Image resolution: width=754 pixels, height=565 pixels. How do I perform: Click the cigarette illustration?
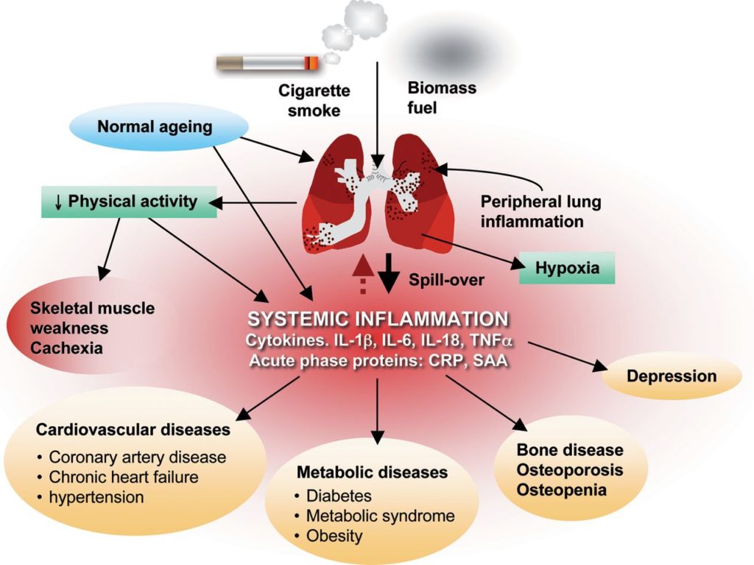click(x=267, y=63)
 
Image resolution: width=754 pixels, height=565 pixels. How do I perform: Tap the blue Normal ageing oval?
click(x=155, y=127)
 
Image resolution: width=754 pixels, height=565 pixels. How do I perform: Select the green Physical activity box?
click(x=129, y=200)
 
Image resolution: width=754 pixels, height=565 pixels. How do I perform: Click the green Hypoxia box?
click(x=568, y=269)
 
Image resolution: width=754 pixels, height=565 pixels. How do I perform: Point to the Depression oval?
click(x=671, y=376)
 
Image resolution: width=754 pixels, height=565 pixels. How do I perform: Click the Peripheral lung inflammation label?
click(x=530, y=211)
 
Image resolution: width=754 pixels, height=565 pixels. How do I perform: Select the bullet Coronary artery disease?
click(x=137, y=457)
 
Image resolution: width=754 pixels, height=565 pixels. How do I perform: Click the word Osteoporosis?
click(x=570, y=470)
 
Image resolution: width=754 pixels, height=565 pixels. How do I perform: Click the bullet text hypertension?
click(x=96, y=497)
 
